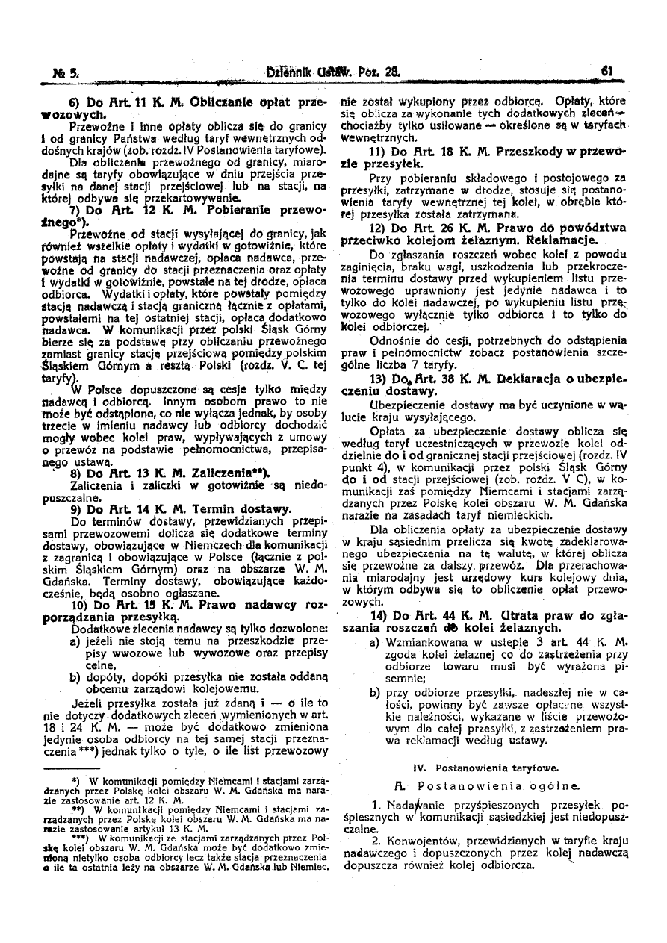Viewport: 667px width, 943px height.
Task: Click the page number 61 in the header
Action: click(x=606, y=73)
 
